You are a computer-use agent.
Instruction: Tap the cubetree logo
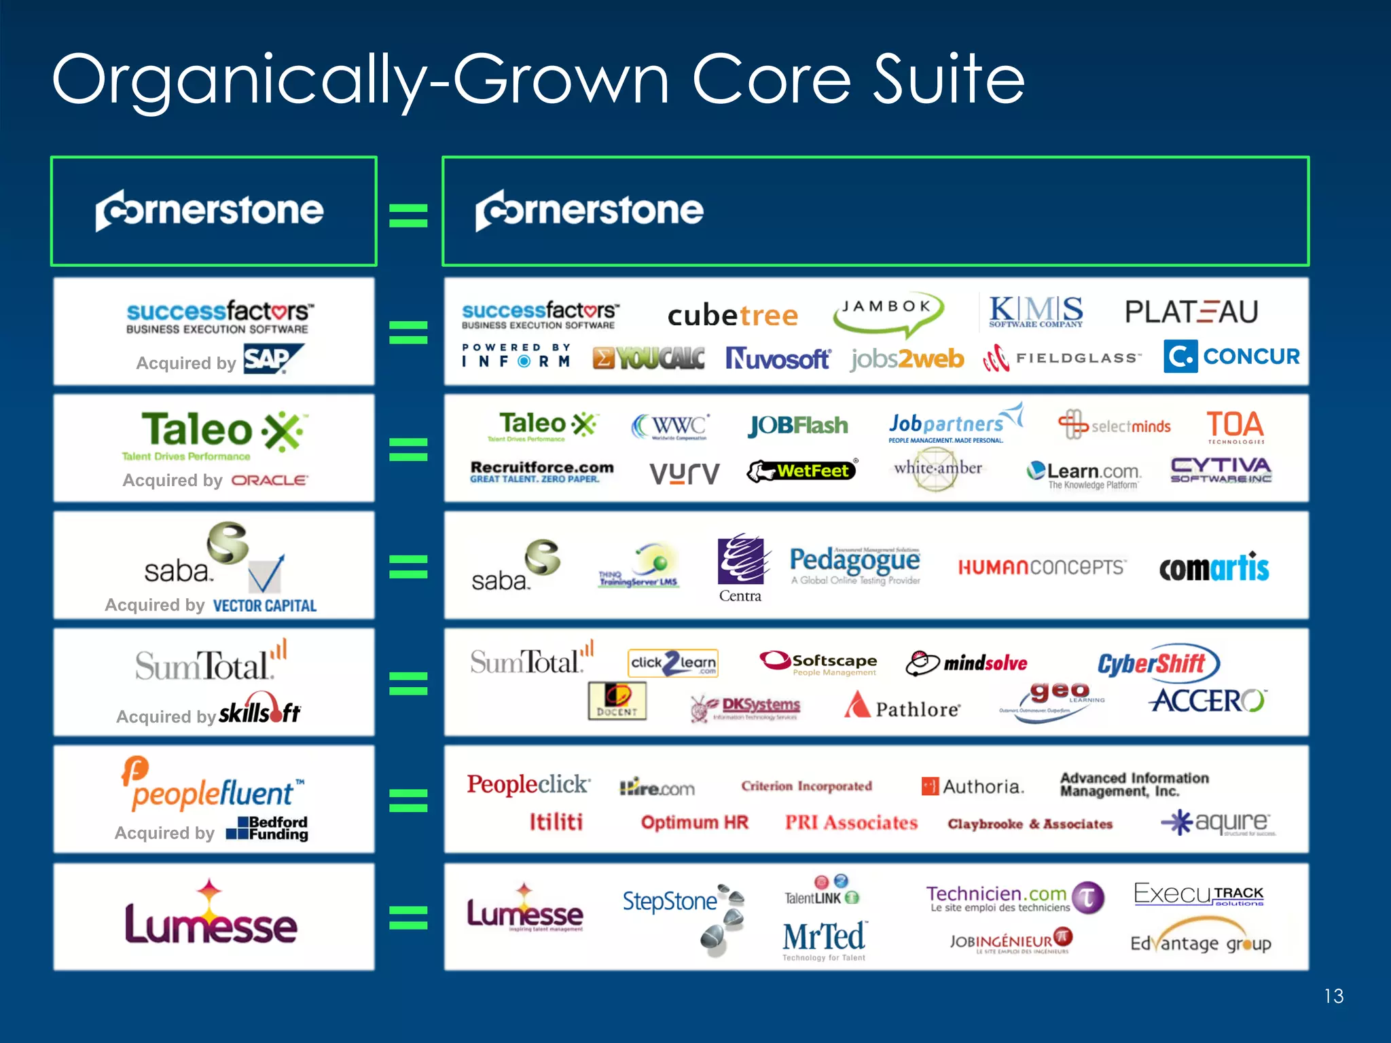(732, 316)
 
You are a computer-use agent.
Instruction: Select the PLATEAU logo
(1191, 312)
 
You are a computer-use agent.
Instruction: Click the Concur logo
(1231, 356)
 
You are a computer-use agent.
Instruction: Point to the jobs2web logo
(907, 359)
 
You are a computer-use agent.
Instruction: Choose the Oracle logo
(270, 480)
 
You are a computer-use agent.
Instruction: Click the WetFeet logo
(801, 471)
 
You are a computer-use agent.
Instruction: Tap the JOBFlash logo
(798, 426)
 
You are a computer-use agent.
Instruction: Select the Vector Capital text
(265, 606)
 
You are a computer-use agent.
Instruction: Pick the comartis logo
(1214, 568)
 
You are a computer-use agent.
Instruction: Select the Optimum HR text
(694, 822)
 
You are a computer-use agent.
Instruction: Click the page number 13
(1333, 996)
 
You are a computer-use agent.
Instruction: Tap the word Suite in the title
(948, 80)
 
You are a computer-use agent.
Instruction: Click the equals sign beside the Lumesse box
(408, 917)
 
